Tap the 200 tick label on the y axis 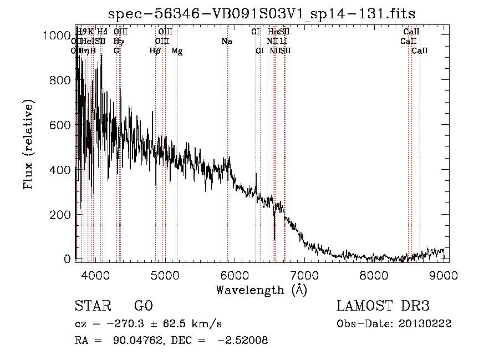click(61, 214)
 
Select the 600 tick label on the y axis click(61, 125)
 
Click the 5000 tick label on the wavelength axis click(165, 274)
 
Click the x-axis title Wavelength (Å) click(261, 290)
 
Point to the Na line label click(227, 41)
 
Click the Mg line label click(177, 51)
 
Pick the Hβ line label click(155, 51)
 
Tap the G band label click(116, 51)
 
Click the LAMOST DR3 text click(383, 306)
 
